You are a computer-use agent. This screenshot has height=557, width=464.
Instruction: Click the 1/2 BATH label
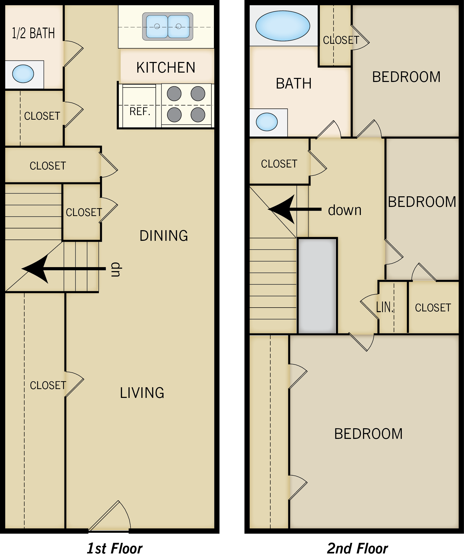coord(33,33)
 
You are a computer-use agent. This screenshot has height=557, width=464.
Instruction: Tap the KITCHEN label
coord(166,67)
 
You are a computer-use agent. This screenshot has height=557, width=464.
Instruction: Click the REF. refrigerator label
coord(140,111)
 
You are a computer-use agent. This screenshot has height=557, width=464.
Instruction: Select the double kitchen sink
coord(168,27)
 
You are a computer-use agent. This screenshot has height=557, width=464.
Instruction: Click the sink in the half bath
coord(23,74)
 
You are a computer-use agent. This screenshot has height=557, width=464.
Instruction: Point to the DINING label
coord(164,236)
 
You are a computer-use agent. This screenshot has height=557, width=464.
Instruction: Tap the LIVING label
coord(142,393)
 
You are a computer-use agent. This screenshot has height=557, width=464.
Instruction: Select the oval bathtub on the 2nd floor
coord(283,26)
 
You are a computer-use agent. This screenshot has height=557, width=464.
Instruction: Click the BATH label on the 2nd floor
coord(294,83)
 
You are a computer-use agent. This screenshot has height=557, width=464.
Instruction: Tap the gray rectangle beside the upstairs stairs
coord(317,286)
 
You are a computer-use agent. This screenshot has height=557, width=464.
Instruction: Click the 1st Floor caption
coord(115,548)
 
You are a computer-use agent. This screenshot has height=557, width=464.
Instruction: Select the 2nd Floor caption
coord(357,548)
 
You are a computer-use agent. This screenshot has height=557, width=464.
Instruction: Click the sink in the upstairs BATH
coord(267,122)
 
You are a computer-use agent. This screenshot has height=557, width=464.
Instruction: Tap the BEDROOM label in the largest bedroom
coord(368,434)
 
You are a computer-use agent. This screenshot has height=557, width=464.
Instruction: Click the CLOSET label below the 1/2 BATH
coord(42,116)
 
